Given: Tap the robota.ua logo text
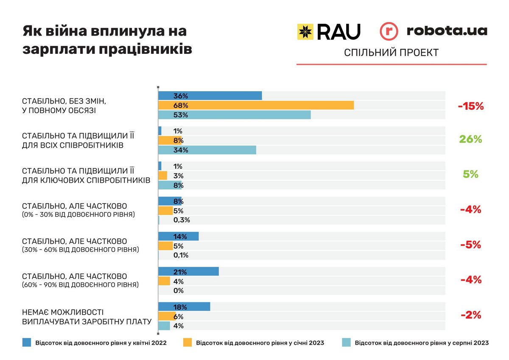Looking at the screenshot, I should point(446,31).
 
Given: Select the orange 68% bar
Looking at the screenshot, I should point(256,105).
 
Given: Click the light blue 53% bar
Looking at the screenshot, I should point(234,115).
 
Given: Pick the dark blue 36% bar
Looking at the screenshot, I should point(210,96).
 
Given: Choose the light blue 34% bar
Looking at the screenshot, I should point(207,150).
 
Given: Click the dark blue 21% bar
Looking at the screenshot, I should point(188,272).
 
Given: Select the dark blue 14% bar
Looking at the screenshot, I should point(178,236).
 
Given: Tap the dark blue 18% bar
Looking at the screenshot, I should point(184,307).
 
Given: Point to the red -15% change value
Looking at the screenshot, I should point(471,106).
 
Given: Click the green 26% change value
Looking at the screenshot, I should point(470,139).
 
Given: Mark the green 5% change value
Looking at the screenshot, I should point(470,174).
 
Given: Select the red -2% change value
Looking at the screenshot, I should point(470,315).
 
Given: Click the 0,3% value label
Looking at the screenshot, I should point(182,220).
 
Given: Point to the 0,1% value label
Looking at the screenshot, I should point(181,255).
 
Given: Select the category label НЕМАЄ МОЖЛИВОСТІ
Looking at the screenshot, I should point(62,312).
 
